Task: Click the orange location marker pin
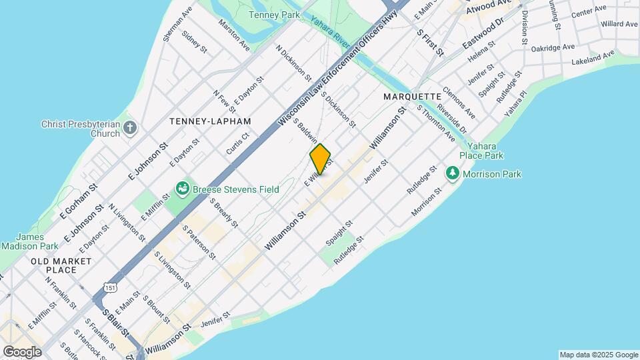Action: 321,159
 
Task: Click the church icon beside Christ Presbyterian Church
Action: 130,127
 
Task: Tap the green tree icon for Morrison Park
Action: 453,174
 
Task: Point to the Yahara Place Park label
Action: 485,151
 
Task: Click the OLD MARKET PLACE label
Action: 61,265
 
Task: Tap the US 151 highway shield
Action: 107,287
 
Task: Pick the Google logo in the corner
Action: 22,352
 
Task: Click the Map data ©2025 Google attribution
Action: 598,355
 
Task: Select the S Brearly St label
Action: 224,211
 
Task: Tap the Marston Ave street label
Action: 235,35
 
